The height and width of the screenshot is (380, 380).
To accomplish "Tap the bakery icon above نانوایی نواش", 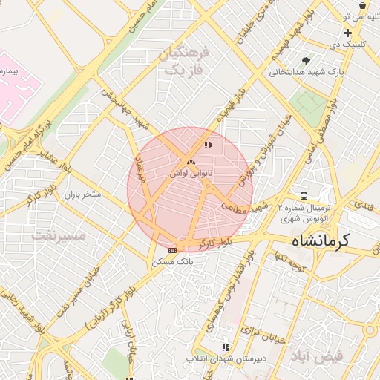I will click(x=190, y=161).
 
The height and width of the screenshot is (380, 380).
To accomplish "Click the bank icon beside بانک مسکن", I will click(x=172, y=251).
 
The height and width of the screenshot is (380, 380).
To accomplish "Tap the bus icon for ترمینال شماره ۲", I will click(x=302, y=196).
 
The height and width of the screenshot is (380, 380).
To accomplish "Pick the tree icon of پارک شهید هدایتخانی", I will click(x=305, y=61).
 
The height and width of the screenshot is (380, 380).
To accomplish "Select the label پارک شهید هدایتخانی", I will click(x=305, y=73).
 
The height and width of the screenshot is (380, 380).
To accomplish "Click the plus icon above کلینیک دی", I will click(x=347, y=33).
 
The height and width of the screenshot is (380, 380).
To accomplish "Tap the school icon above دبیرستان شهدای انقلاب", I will click(x=226, y=347).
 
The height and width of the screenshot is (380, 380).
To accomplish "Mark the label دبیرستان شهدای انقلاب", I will click(x=227, y=359).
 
